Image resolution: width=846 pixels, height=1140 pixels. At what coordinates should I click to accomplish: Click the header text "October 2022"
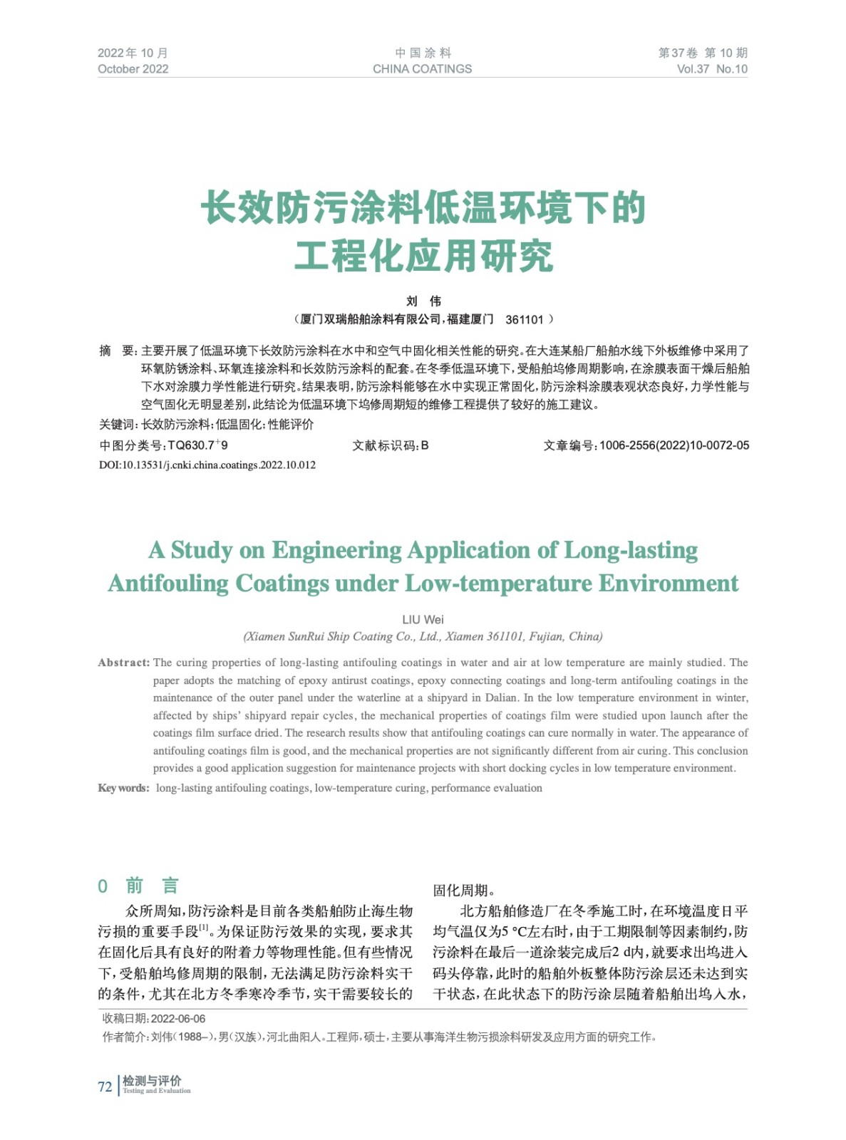[x=133, y=69]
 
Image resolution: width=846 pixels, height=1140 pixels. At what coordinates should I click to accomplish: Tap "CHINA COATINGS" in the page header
[x=422, y=69]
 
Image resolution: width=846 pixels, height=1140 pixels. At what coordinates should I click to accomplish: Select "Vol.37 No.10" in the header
[x=711, y=69]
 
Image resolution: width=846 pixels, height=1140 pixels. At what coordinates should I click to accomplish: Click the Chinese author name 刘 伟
[x=423, y=301]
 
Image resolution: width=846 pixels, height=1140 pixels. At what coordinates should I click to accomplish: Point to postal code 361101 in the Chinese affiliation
[x=525, y=320]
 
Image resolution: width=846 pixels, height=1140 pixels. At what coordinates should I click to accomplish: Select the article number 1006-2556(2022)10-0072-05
[x=674, y=445]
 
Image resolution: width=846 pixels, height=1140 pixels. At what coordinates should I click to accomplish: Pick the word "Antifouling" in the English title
[x=168, y=584]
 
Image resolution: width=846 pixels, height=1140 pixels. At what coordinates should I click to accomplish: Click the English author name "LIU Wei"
[x=423, y=619]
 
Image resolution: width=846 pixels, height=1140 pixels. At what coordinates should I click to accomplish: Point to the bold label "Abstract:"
[x=124, y=663]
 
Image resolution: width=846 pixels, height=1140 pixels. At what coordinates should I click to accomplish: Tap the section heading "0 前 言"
[x=139, y=886]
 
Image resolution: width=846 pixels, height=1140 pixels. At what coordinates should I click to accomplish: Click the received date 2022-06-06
[x=178, y=1019]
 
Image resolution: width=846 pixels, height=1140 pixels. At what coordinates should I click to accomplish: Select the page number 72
[x=105, y=1087]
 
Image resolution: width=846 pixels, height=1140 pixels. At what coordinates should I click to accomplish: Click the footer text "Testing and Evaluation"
[x=157, y=1091]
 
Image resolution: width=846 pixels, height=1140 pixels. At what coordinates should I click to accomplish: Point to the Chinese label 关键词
[x=118, y=425]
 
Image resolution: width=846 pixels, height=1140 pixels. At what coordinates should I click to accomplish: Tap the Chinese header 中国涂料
[x=423, y=53]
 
